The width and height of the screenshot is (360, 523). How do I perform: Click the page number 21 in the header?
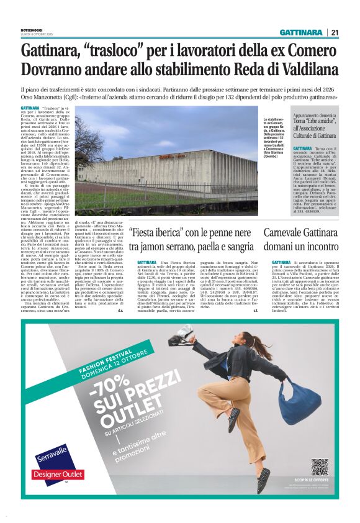(334, 32)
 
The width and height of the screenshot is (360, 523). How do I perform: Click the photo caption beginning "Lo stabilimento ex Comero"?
(276, 143)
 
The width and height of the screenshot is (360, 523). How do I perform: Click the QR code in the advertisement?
(320, 467)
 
